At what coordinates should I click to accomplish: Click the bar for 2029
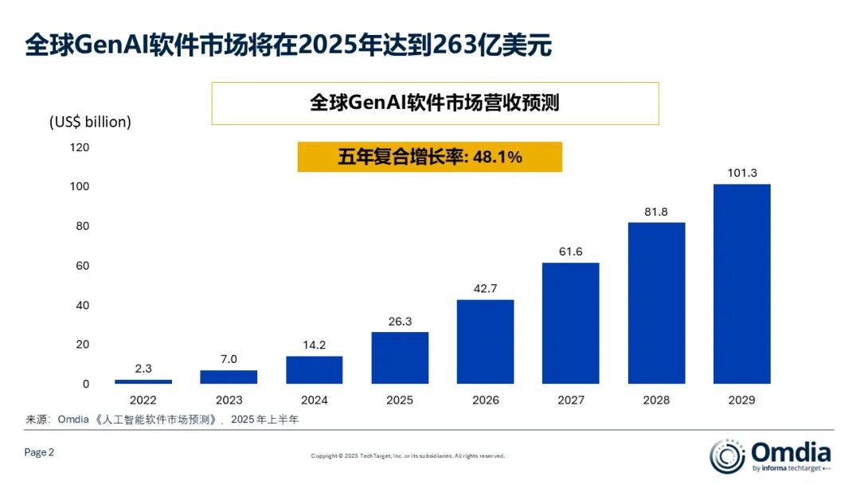tap(741, 284)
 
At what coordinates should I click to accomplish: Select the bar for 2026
tap(485, 342)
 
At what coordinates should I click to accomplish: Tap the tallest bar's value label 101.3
tap(741, 173)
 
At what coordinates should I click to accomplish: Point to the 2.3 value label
tap(143, 368)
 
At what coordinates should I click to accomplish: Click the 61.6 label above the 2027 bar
tap(570, 252)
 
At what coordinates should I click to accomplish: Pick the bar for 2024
tap(314, 369)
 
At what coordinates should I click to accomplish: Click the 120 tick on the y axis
tap(80, 147)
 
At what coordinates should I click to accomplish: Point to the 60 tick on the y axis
tap(83, 265)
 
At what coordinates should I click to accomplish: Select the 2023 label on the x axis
tap(229, 400)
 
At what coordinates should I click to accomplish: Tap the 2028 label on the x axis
tap(656, 400)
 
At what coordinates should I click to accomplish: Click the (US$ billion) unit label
tap(90, 122)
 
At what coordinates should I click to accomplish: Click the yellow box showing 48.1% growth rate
tap(429, 157)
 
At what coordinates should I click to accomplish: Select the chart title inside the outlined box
tap(435, 103)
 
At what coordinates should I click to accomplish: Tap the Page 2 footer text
tap(40, 452)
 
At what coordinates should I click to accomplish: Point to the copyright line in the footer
tap(407, 456)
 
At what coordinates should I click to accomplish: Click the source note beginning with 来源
tap(162, 420)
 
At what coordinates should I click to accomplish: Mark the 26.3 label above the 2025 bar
tap(400, 322)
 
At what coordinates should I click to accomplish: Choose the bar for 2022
tap(143, 381)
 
